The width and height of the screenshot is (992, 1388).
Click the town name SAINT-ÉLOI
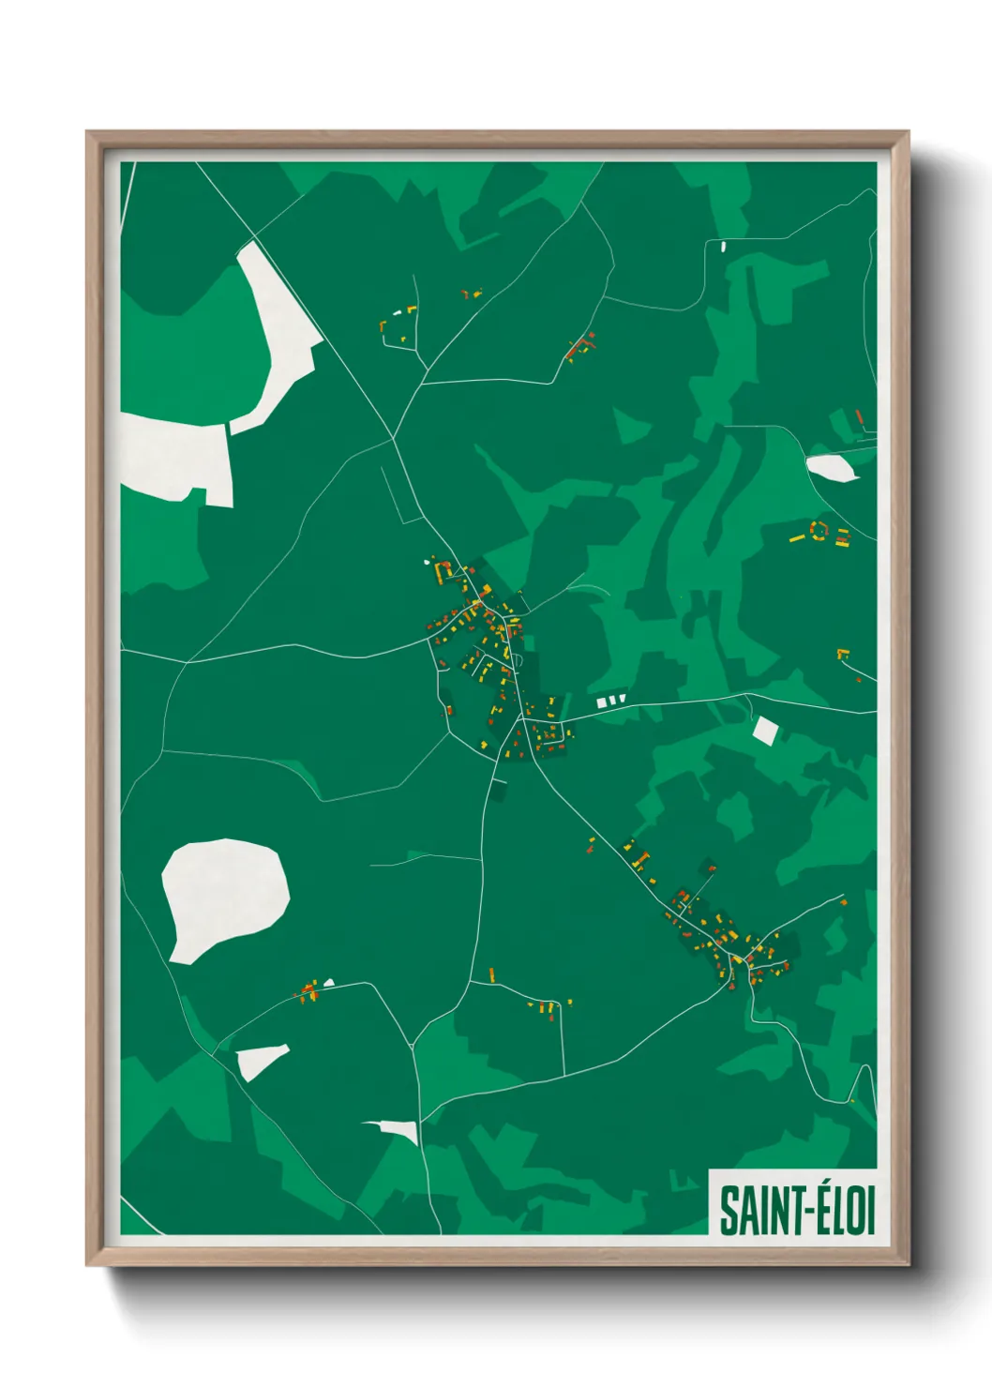[797, 1211]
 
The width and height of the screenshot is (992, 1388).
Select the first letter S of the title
[728, 1212]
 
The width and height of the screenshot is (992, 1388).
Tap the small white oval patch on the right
[832, 467]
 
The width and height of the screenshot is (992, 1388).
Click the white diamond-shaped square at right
[765, 731]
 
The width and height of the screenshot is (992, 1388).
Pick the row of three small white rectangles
[610, 701]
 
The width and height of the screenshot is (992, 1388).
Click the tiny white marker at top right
[723, 247]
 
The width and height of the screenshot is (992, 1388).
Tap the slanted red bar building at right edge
[859, 416]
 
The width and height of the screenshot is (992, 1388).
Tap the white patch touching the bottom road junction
[398, 1129]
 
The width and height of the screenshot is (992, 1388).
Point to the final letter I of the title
[869, 1211]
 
